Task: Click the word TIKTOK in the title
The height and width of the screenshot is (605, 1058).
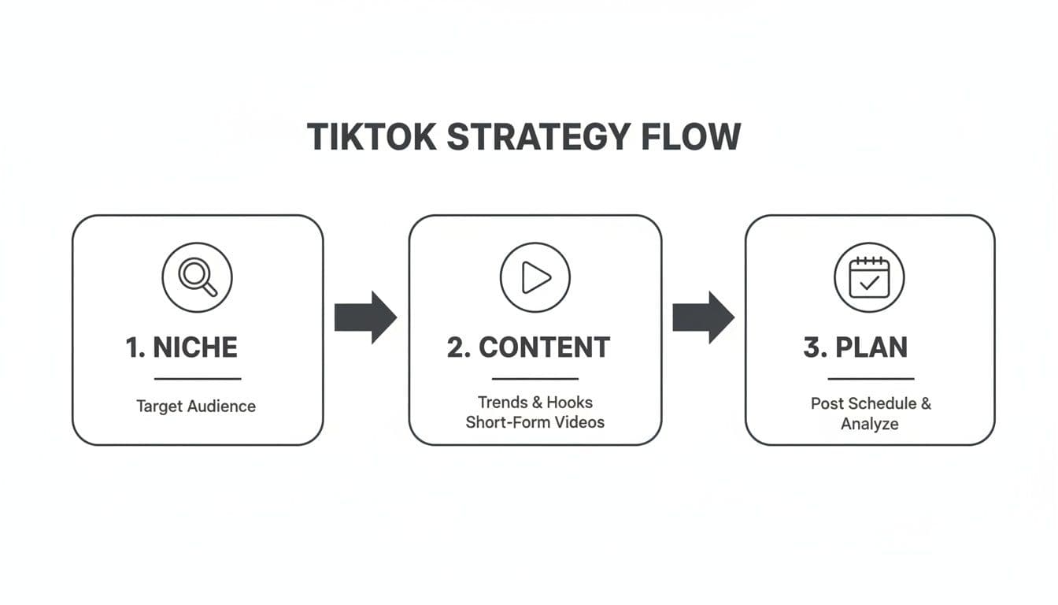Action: pyautogui.click(x=371, y=137)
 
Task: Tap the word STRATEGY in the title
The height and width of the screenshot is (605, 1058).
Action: pyautogui.click(x=538, y=137)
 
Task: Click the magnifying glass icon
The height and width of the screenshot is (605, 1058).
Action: pyautogui.click(x=197, y=277)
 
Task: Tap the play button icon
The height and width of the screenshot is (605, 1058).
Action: pyautogui.click(x=535, y=277)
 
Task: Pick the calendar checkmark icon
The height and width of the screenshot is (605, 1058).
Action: pyautogui.click(x=869, y=277)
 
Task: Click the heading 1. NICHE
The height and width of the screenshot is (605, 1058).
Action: pyautogui.click(x=182, y=347)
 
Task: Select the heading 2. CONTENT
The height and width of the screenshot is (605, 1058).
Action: pyautogui.click(x=528, y=347)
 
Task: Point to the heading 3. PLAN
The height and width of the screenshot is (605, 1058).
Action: pyautogui.click(x=856, y=347)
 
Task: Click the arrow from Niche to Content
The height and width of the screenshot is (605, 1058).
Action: pyautogui.click(x=365, y=317)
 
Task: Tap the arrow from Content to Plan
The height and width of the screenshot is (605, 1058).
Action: pyautogui.click(x=703, y=317)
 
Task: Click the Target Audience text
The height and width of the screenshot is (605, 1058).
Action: pyautogui.click(x=196, y=406)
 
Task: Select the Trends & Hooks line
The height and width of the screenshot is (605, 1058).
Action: pyautogui.click(x=535, y=403)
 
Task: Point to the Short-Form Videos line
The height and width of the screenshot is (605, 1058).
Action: pyautogui.click(x=535, y=422)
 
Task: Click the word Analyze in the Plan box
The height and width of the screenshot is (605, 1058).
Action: pyautogui.click(x=870, y=424)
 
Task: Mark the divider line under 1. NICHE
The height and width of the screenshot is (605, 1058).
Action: pyautogui.click(x=198, y=379)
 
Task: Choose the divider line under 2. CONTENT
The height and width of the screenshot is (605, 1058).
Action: pyautogui.click(x=535, y=379)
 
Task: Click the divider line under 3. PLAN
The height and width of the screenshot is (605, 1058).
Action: pyautogui.click(x=871, y=379)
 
